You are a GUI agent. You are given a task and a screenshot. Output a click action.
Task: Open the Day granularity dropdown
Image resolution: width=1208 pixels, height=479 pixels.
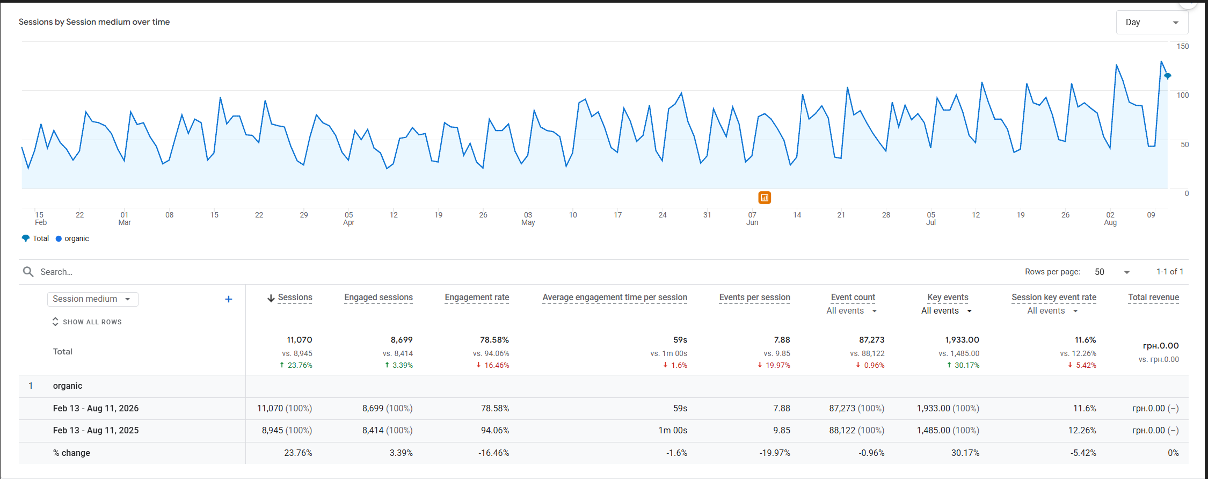[1152, 23]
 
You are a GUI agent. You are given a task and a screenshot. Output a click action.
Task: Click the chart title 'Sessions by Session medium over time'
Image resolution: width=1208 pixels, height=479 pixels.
[94, 22]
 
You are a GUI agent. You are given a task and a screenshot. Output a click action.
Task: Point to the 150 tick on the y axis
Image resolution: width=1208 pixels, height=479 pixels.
[1183, 46]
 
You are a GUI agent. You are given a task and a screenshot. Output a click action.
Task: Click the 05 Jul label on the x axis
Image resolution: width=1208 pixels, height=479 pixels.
[931, 219]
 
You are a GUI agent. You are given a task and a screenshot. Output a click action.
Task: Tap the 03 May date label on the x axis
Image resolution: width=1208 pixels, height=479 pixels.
[528, 219]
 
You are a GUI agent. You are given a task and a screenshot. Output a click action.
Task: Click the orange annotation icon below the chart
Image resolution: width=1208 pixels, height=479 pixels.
[765, 198]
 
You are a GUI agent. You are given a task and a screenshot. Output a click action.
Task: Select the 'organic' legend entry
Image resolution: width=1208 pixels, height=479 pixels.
[72, 238]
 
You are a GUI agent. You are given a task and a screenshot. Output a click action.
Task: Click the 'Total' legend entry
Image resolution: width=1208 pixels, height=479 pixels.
[35, 238]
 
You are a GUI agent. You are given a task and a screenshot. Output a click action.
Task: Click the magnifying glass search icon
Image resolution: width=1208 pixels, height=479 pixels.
[28, 272]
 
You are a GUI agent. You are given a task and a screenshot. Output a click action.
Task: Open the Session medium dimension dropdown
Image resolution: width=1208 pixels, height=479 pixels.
[92, 299]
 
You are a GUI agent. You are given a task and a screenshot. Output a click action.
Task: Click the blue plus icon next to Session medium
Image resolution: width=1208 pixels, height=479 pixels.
[228, 299]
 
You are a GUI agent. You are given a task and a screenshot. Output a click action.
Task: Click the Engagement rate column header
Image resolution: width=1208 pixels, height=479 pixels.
[477, 297]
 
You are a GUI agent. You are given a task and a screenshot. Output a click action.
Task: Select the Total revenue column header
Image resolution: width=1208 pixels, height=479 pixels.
[1153, 297]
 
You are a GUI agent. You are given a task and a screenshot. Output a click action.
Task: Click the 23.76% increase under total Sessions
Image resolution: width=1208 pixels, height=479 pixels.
[296, 365]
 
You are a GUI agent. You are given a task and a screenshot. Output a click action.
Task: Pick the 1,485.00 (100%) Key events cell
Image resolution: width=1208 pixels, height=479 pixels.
[948, 431]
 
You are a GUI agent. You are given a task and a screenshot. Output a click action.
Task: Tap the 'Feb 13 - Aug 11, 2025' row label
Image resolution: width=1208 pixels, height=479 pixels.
[96, 431]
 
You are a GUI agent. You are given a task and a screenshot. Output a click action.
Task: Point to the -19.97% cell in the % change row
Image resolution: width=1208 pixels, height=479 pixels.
[775, 453]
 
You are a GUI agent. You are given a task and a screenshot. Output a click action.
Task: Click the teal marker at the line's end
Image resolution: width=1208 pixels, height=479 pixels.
[1167, 76]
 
